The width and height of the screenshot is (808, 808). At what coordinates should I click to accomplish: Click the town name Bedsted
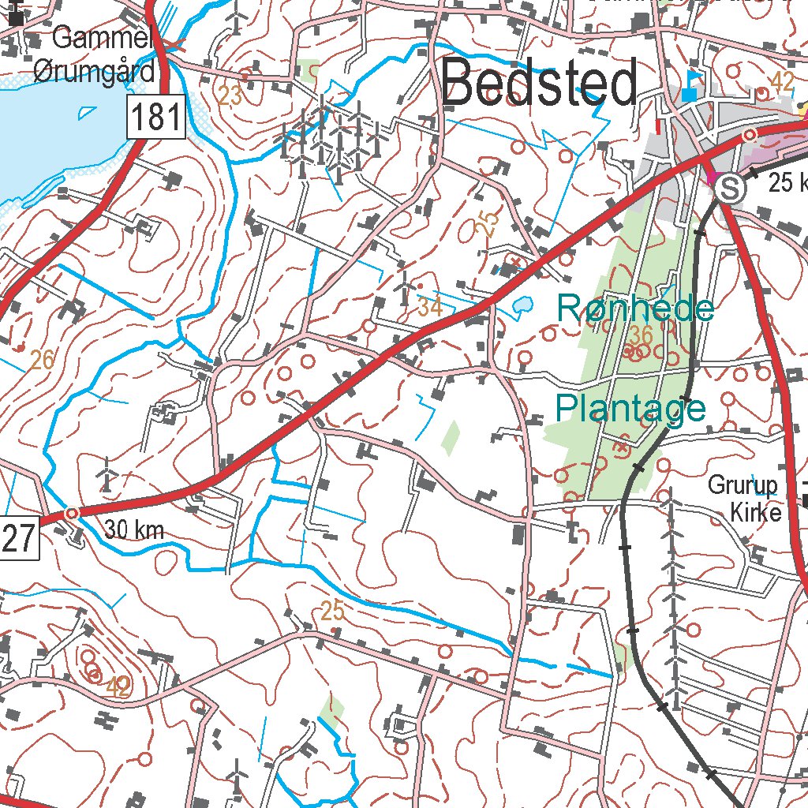click(x=540, y=85)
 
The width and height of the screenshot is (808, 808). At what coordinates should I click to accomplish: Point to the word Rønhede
click(x=635, y=308)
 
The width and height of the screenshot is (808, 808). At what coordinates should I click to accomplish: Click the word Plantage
click(x=630, y=409)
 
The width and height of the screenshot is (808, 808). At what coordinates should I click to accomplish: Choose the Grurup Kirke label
click(x=744, y=499)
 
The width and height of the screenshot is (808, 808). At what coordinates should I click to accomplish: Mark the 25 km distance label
click(x=787, y=184)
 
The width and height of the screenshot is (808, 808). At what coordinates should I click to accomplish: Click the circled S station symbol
click(x=733, y=189)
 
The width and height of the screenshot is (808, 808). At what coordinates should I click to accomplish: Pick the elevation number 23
click(x=230, y=96)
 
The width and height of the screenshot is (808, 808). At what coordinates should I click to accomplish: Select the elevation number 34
click(x=430, y=307)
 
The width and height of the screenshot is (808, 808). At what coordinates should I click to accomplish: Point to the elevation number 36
click(x=642, y=335)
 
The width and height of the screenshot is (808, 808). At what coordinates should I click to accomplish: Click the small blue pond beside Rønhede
click(x=522, y=305)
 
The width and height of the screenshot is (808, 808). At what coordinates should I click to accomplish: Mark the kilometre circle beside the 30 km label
click(x=72, y=513)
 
